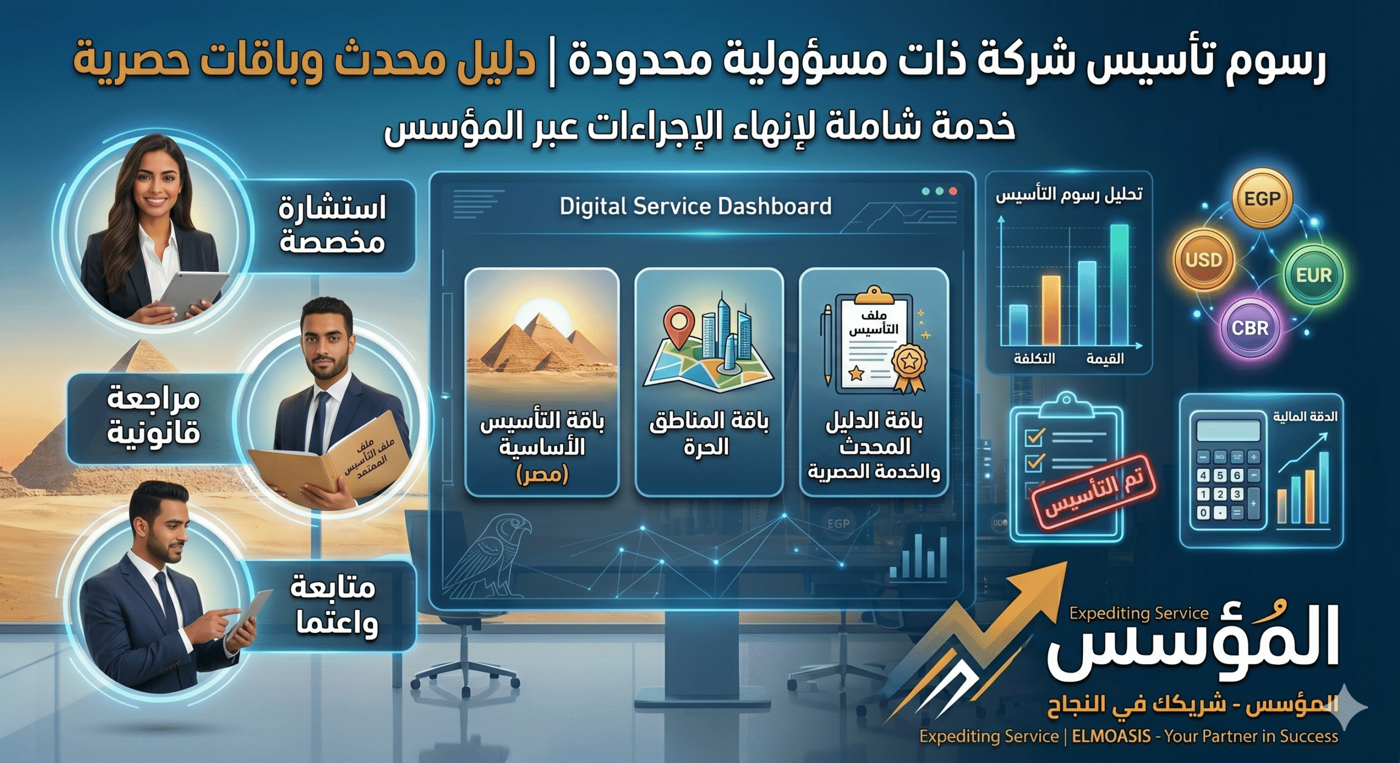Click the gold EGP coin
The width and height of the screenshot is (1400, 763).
point(1262,198)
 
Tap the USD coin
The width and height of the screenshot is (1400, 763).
point(1203,259)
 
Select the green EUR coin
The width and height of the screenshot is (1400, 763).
point(1314,274)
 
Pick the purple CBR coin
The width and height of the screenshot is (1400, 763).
point(1250,327)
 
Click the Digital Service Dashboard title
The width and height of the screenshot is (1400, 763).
point(695,206)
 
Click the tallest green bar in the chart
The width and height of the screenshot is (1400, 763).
point(1119,284)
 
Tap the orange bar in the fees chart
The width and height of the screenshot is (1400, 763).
point(1051,310)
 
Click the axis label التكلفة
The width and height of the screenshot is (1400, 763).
point(1034,359)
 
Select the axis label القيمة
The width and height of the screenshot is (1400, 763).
point(1105,359)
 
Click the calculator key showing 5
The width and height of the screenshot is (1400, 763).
point(1220,475)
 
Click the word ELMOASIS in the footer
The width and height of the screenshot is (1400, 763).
point(1111,736)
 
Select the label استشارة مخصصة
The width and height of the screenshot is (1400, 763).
point(332,225)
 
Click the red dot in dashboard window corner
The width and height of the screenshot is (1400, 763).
point(953,191)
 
